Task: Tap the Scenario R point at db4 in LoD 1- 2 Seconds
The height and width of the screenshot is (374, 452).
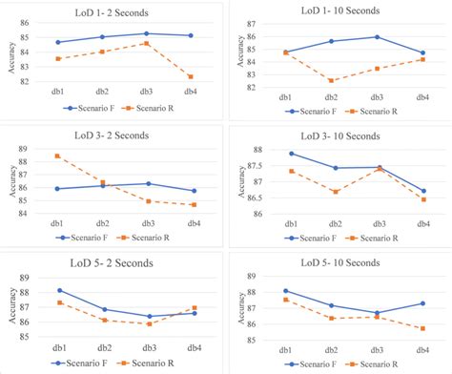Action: (x=193, y=77)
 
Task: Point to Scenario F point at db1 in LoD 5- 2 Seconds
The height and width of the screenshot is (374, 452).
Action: (x=59, y=290)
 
